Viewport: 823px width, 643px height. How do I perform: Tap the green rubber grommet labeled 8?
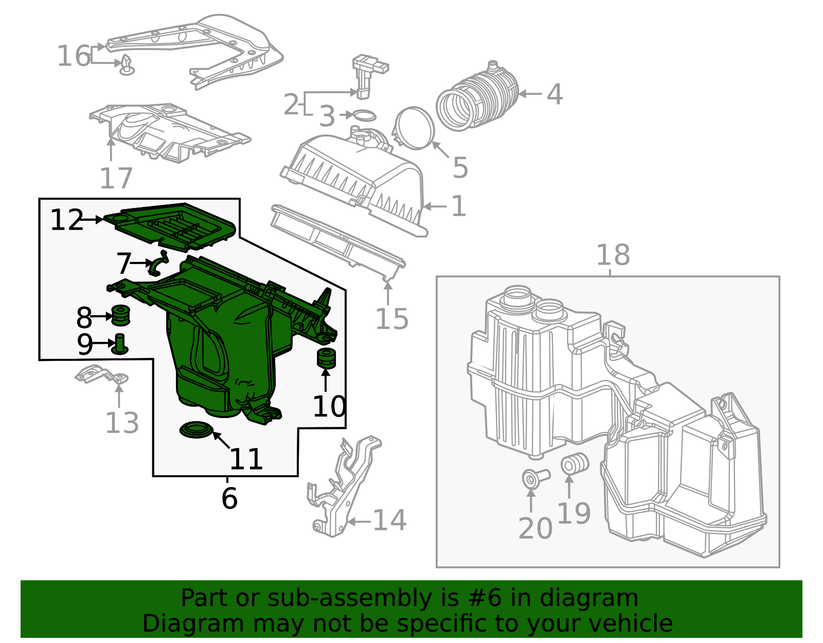point(120,316)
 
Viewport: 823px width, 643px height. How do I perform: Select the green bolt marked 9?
point(120,344)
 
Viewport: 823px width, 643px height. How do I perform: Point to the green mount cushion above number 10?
point(326,357)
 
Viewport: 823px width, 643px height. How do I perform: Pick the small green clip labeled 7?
point(158,263)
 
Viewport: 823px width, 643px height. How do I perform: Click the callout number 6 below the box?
point(229,498)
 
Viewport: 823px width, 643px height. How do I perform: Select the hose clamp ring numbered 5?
point(415,128)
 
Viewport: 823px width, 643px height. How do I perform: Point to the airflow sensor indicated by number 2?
point(363,77)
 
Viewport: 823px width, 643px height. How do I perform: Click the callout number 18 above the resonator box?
point(613,255)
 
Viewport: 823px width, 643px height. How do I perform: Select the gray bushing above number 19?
point(574,463)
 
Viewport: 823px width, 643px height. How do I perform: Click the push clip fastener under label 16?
point(127,66)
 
